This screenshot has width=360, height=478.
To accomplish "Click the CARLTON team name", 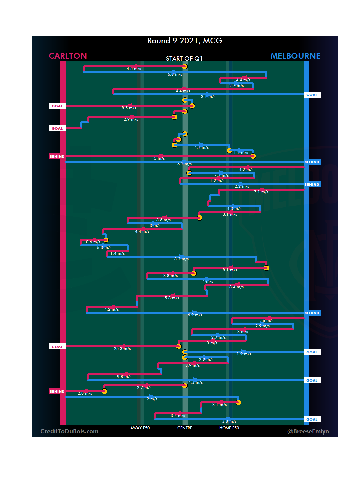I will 68,56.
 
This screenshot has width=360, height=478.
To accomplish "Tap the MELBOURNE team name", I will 295,56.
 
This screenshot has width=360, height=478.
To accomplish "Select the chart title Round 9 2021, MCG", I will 185,41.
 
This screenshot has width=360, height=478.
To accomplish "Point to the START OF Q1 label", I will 184,59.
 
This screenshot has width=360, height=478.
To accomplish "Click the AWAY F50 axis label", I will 140,428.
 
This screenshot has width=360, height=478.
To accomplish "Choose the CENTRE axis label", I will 185,428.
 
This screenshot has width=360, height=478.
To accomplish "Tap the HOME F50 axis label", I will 229,428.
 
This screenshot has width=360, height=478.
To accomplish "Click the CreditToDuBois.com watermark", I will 69,431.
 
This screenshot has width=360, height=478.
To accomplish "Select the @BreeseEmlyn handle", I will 308,431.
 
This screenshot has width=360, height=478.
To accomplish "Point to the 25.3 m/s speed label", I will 122,349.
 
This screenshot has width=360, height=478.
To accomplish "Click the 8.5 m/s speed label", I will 129,108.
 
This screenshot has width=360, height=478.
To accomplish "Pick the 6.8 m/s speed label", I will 175,74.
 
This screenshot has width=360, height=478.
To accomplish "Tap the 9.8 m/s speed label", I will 124,377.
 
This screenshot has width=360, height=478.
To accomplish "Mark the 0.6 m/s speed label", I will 93,242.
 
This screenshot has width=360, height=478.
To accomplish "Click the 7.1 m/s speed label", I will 261,192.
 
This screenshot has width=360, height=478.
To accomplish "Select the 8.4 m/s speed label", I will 236,287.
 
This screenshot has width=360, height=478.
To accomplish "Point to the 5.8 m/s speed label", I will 172,298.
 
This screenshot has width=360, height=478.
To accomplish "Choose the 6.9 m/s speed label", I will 195,315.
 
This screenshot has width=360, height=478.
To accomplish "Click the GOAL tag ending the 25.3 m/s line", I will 57,347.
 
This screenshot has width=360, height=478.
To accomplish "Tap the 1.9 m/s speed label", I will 244,354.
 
